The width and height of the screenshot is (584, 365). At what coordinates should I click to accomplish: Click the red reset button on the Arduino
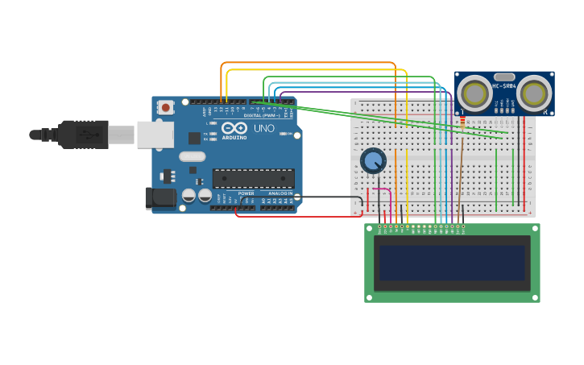click(165, 107)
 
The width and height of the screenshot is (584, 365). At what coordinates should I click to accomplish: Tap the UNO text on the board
click(264, 128)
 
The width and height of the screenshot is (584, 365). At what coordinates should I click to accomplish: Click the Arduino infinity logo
click(234, 128)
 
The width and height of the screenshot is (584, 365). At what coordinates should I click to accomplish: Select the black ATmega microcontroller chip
click(253, 178)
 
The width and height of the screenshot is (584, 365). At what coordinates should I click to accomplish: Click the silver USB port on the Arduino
click(155, 135)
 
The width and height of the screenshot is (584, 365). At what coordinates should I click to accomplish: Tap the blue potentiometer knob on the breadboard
click(373, 160)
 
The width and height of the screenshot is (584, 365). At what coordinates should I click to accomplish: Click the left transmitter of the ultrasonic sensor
click(474, 94)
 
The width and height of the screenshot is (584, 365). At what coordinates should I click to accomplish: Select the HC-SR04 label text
click(504, 86)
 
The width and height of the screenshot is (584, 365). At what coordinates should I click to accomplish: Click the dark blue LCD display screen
click(452, 263)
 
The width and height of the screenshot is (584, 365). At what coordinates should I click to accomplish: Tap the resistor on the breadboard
click(462, 122)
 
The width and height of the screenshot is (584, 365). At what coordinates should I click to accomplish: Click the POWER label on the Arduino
click(246, 193)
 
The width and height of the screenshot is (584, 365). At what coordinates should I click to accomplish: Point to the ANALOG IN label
click(280, 193)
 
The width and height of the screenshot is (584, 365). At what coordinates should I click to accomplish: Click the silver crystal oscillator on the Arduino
click(192, 157)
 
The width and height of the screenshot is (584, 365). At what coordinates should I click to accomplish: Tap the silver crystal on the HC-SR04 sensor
click(504, 77)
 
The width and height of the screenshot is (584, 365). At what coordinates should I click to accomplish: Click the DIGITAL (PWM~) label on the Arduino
click(262, 115)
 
